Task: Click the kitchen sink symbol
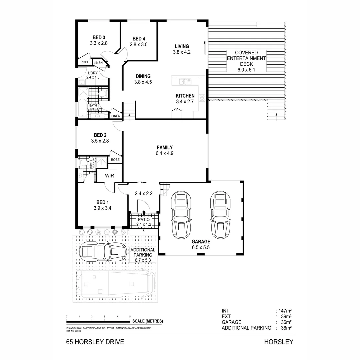pos(184,81)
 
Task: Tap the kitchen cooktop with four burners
pos(202,97)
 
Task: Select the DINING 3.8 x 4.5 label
pos(143,79)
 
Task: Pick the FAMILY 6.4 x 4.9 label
pos(165,150)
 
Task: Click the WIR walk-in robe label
pos(110,175)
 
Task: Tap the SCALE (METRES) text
pos(148,321)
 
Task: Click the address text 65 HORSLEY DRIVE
pos(95,342)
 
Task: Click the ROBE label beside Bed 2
pos(115,160)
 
